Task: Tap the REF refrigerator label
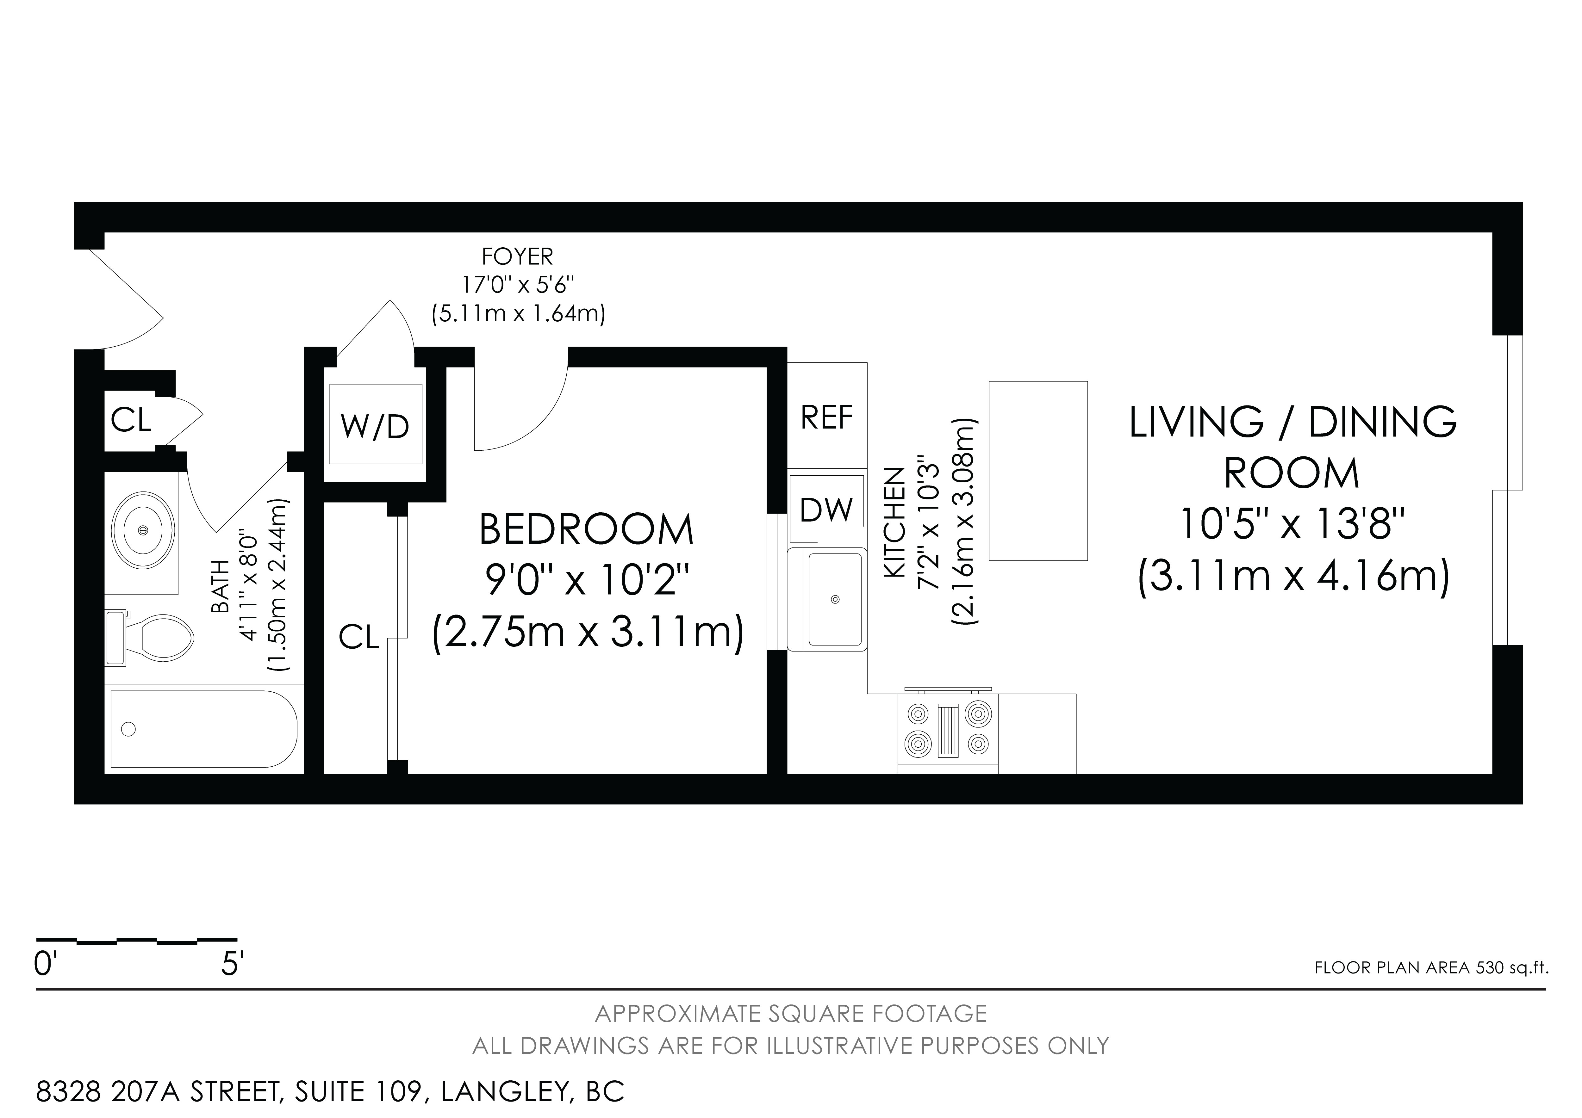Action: coord(827,417)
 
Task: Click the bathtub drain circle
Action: coord(128,729)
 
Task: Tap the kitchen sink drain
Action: coord(836,599)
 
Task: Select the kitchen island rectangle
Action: coord(1038,471)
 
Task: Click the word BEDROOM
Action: coord(586,529)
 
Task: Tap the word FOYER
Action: coord(517,256)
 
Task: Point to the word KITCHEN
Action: coord(894,523)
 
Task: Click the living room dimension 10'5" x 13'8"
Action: coord(1292,525)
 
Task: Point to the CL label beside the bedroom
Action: coord(359,638)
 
